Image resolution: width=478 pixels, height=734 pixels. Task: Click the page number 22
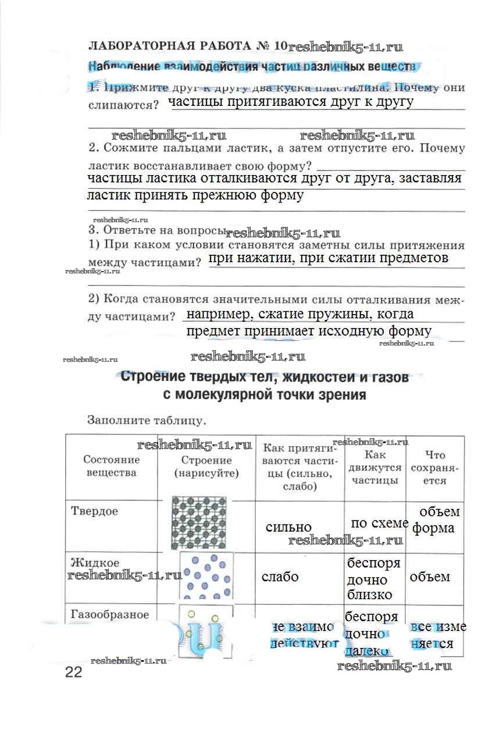pyautogui.click(x=74, y=672)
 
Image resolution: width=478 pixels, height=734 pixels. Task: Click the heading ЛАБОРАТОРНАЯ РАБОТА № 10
pyautogui.click(x=187, y=45)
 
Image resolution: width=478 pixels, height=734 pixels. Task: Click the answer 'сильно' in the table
pyautogui.click(x=288, y=527)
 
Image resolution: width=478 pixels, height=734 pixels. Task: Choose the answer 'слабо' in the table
pyautogui.click(x=280, y=577)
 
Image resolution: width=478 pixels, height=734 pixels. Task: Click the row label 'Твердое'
pyautogui.click(x=94, y=511)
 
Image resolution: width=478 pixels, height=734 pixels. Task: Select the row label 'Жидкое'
pyautogui.click(x=95, y=563)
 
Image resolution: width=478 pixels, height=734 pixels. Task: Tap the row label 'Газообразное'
pyautogui.click(x=110, y=614)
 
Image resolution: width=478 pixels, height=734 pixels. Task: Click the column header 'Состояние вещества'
pyautogui.click(x=111, y=466)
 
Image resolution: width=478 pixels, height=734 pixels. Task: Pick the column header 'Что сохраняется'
pyautogui.click(x=436, y=468)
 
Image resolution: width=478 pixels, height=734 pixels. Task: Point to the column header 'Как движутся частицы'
pyautogui.click(x=375, y=468)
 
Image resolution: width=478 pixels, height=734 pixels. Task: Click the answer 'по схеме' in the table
pyautogui.click(x=379, y=523)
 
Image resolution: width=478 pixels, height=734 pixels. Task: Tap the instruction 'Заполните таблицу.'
pyautogui.click(x=147, y=419)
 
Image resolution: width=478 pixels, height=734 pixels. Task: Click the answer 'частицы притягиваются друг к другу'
pyautogui.click(x=291, y=102)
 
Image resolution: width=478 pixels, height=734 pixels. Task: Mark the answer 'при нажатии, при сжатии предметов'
pyautogui.click(x=328, y=258)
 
